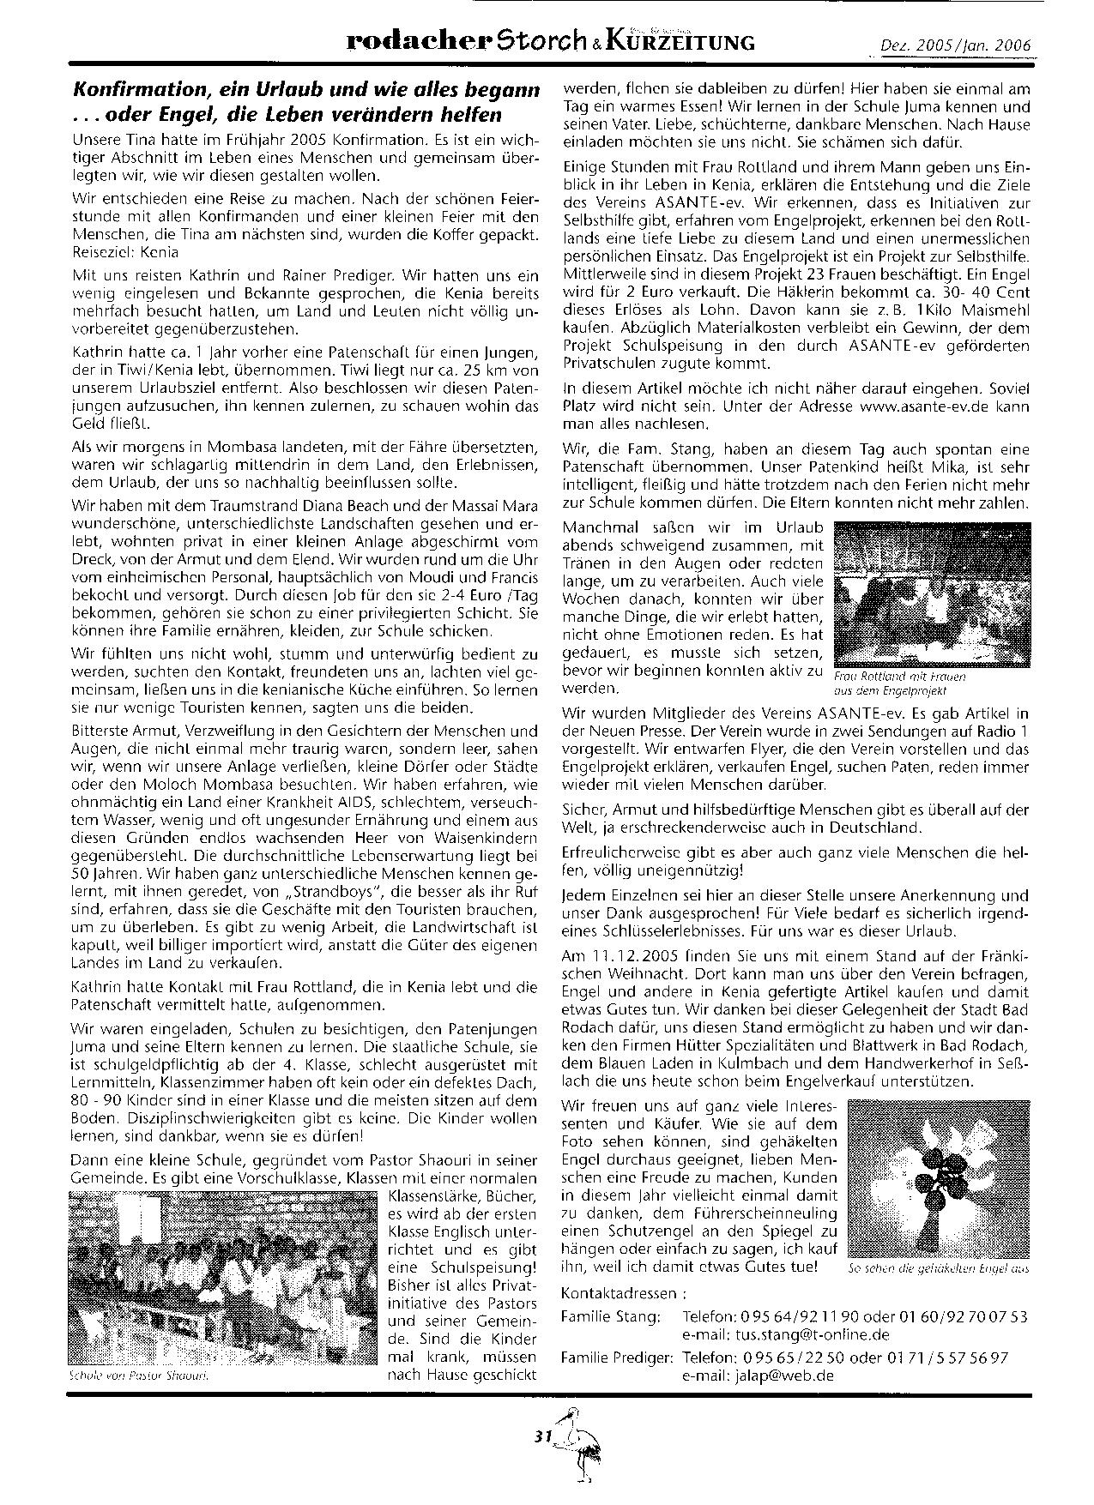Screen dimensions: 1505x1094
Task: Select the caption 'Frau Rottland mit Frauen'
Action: [x=898, y=676]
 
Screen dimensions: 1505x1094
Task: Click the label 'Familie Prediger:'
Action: [x=616, y=1358]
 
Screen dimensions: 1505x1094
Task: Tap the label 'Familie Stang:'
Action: [x=610, y=1315]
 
